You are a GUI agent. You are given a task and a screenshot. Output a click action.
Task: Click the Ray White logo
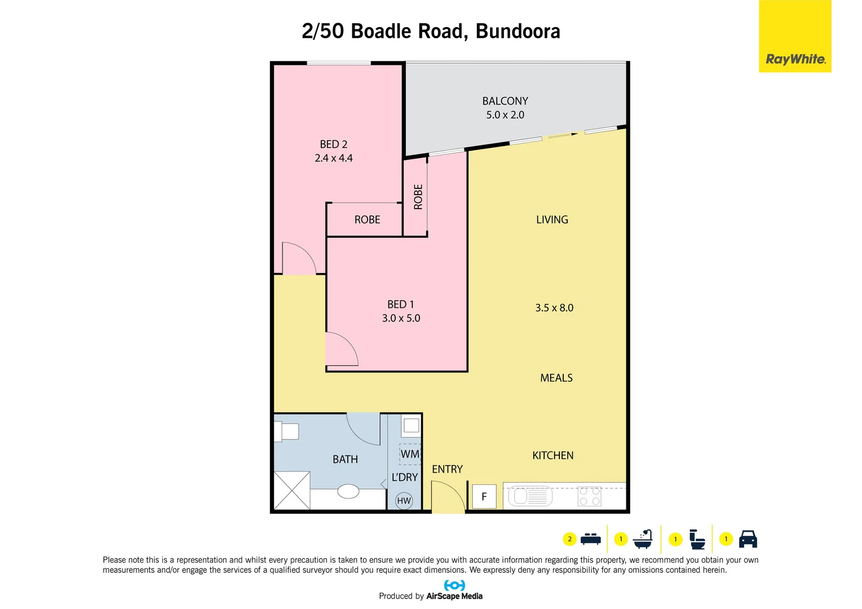tap(795, 37)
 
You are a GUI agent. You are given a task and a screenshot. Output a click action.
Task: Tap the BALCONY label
tap(505, 101)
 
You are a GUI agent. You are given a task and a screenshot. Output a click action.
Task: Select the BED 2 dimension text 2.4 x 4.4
tap(334, 158)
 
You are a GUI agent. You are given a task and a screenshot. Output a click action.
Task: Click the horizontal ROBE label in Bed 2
tap(367, 220)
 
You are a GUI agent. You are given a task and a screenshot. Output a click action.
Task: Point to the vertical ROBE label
tap(418, 197)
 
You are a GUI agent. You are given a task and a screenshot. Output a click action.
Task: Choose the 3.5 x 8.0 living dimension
tap(554, 308)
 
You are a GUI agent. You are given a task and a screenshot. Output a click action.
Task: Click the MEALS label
tap(556, 378)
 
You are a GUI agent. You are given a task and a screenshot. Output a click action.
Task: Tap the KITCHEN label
tap(552, 456)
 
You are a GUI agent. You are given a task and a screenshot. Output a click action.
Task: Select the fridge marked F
tap(484, 497)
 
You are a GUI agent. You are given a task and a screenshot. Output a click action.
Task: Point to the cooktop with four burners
tap(590, 496)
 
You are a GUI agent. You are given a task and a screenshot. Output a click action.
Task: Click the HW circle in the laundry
tap(404, 501)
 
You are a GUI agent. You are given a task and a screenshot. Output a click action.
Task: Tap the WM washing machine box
tap(410, 454)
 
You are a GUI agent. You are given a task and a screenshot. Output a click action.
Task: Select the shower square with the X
tap(291, 490)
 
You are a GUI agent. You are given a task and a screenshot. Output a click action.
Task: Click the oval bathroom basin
tap(348, 491)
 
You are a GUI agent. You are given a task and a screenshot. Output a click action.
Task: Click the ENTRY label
tap(447, 469)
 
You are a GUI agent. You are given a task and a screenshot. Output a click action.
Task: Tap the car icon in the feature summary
tap(748, 539)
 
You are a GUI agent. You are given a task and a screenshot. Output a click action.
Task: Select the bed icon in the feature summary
tap(590, 539)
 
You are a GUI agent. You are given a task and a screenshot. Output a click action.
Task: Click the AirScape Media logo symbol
tap(454, 585)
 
